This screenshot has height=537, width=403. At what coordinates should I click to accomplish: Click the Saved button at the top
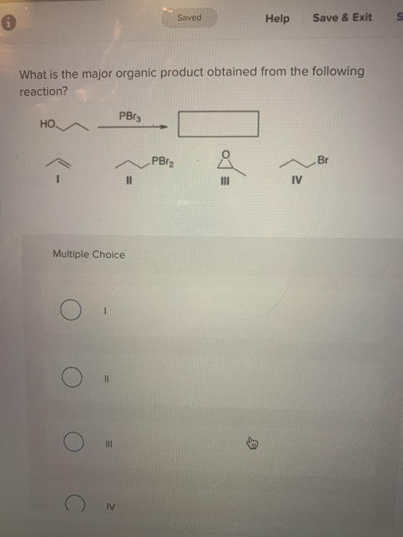[x=189, y=17]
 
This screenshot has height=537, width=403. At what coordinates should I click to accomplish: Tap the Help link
[x=277, y=18]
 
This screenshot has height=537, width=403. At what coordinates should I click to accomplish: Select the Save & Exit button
[x=342, y=18]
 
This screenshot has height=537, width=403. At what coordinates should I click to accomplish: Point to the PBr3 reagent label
[x=129, y=116]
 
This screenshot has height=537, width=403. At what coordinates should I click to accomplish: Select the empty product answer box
[x=219, y=124]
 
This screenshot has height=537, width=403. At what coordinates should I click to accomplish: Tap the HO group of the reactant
[x=48, y=124]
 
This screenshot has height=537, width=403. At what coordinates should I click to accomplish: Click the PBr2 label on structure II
[x=163, y=160]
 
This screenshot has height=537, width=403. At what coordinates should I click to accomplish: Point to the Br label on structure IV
[x=321, y=160]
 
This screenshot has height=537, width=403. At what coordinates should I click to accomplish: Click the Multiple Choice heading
[x=88, y=255]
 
